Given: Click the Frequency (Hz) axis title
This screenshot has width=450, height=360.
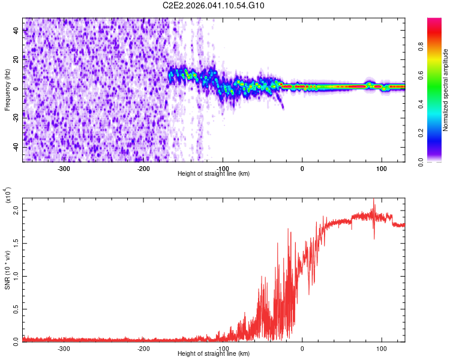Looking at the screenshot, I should click(7, 89).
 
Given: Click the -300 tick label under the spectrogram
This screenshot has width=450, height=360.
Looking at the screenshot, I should click(64, 168).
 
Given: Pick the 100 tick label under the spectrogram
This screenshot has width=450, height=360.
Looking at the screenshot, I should click(382, 168).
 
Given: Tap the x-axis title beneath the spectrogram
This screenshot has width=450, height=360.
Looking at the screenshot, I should click(214, 174).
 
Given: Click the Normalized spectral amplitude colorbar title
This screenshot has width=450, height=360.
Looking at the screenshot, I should click(446, 90).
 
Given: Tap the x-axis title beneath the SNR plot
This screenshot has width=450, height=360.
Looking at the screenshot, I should click(214, 354).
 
